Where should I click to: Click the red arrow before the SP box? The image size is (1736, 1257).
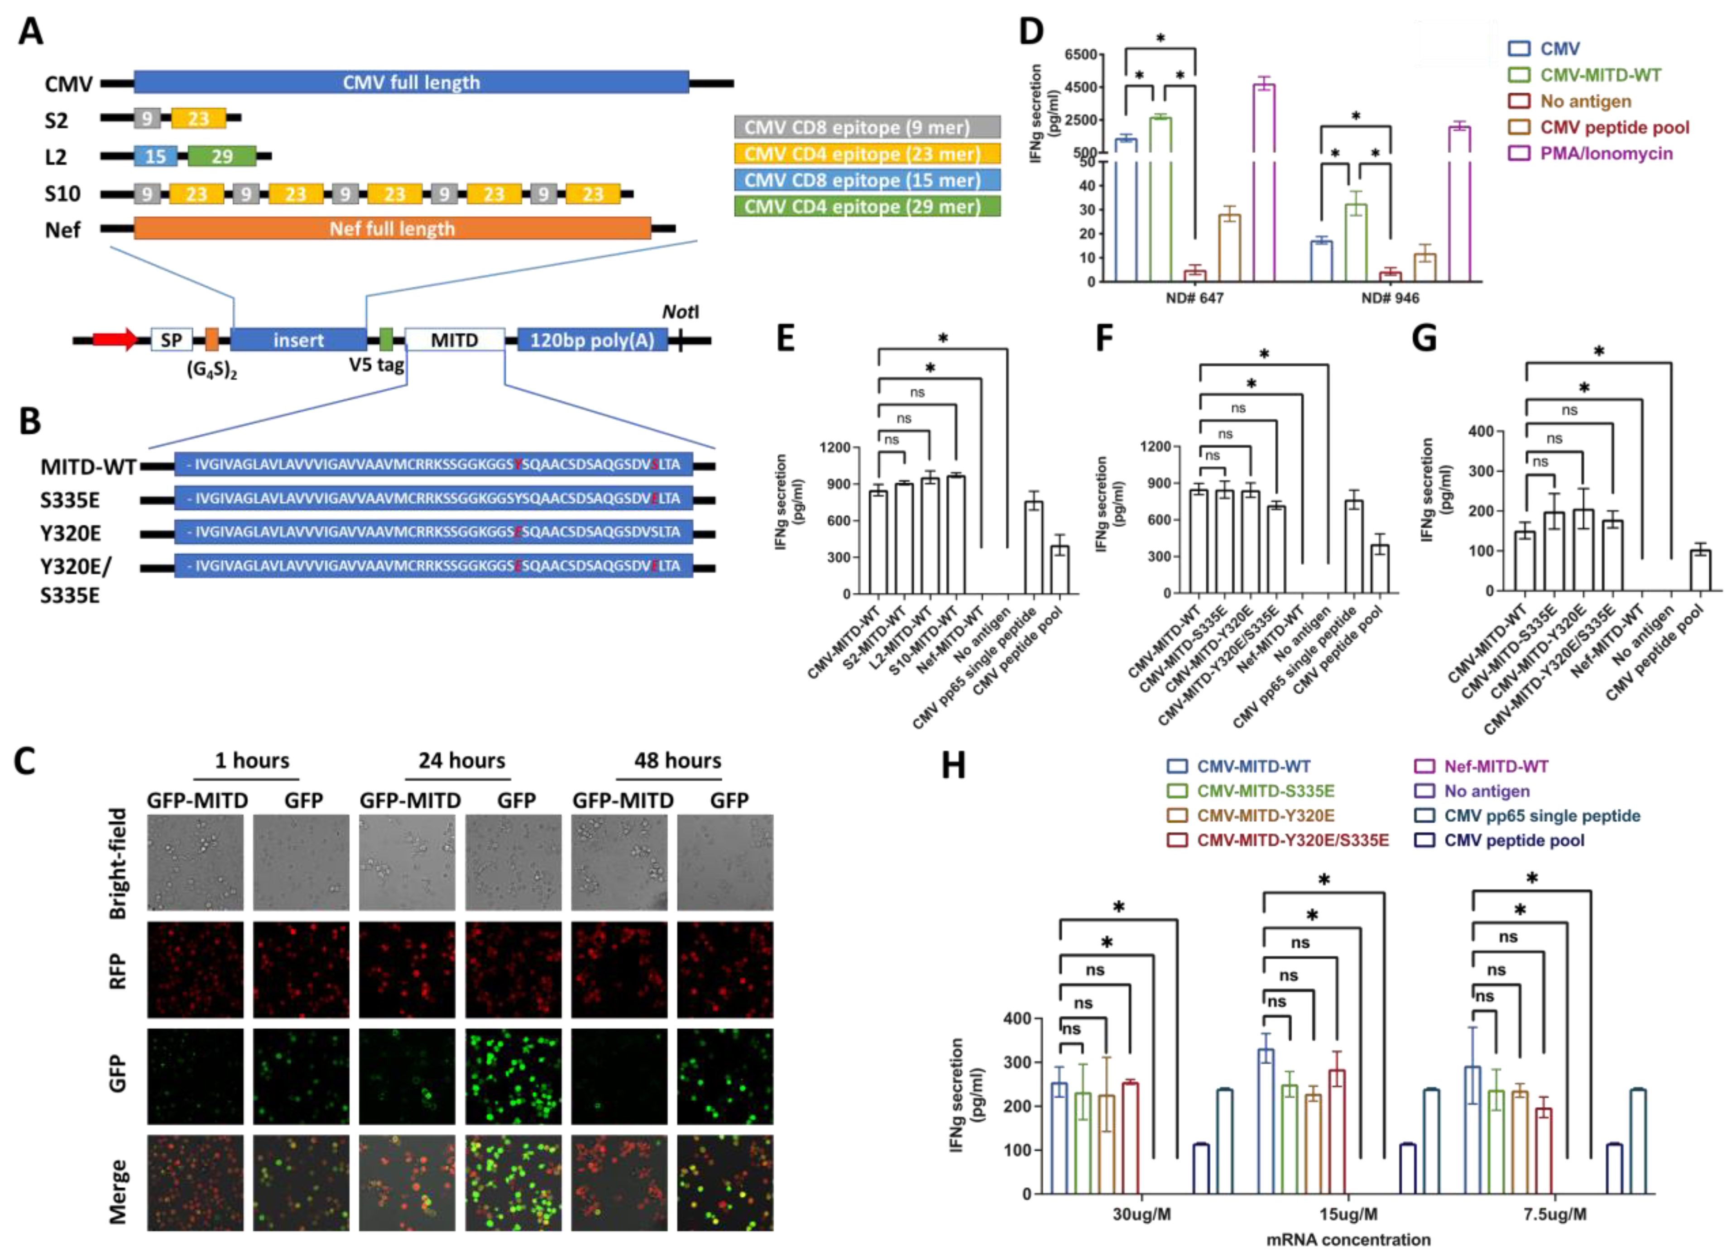115,339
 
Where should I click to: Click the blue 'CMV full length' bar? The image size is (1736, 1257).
411,82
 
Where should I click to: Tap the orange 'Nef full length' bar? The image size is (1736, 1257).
392,228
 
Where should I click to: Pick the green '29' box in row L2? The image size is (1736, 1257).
222,156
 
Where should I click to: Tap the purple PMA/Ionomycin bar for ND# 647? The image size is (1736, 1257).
1264,184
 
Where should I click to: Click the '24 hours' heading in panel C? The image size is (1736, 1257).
461,760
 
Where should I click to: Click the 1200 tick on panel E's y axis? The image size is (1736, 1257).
834,447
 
